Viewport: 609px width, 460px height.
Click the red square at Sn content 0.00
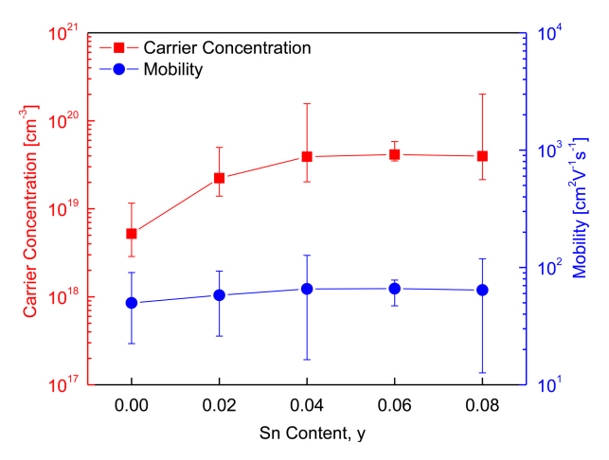pyautogui.click(x=132, y=234)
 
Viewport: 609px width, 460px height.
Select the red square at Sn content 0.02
pyautogui.click(x=220, y=178)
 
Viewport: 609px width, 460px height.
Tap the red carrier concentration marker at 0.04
pyautogui.click(x=307, y=156)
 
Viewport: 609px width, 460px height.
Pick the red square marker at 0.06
pyautogui.click(x=395, y=154)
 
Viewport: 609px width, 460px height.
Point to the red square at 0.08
pyautogui.click(x=482, y=156)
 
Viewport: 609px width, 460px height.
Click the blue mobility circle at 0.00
pyautogui.click(x=132, y=303)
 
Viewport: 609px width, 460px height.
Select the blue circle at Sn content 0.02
pyautogui.click(x=220, y=295)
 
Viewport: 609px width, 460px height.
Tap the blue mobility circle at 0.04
pyautogui.click(x=307, y=289)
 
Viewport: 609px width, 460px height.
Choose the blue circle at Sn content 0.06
pyautogui.click(x=395, y=289)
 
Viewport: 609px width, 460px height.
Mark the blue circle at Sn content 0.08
pyautogui.click(x=482, y=290)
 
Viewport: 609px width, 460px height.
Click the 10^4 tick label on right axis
pyautogui.click(x=553, y=34)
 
